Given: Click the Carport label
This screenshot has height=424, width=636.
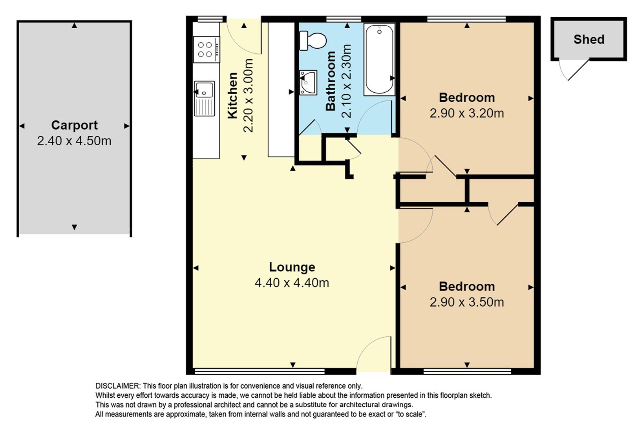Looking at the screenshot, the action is point(74,125).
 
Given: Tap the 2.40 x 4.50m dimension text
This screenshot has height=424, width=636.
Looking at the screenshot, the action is point(74,141).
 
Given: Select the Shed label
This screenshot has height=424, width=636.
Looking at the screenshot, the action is point(589,40).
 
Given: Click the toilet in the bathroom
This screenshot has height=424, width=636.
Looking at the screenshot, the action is point(313,41).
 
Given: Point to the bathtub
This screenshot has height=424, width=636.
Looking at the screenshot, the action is point(379,59).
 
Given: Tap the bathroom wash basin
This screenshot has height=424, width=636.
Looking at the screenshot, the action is point(308,83).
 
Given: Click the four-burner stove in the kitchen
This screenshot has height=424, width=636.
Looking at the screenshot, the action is point(207,49).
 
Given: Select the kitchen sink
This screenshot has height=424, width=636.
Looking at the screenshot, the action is point(204,99).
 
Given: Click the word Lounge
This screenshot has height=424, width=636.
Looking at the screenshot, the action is point(292,267).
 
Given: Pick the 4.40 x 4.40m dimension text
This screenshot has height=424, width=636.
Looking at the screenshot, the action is point(292,283).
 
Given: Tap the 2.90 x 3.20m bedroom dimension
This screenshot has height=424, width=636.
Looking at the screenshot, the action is point(467,113).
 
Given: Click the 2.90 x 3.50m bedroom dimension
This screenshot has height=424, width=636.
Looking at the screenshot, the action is point(467,302).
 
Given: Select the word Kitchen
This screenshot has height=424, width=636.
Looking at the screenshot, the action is point(232,95).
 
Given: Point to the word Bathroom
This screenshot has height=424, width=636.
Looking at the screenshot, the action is point(331,81).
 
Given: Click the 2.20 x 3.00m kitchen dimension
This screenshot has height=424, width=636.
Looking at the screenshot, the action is point(248,95).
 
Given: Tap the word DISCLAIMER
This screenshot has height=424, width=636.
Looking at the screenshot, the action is point(117,386).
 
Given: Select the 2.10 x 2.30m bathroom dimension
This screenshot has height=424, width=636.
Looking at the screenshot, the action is point(346,81).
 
